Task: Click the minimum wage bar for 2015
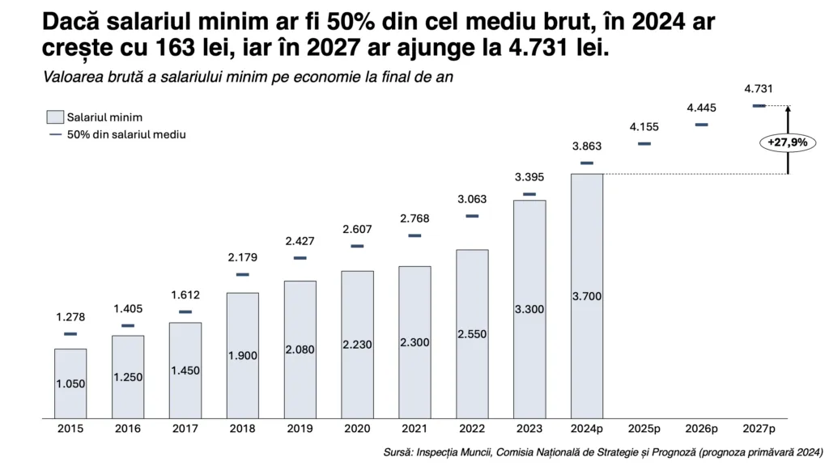[x=70, y=384]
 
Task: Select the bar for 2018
[x=242, y=356]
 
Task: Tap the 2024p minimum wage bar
[x=587, y=296]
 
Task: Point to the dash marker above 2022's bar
[x=472, y=216]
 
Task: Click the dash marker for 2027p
[x=759, y=106]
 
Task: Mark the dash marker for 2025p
[x=644, y=144]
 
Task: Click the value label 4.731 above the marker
[x=759, y=89]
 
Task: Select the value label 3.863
[x=587, y=146]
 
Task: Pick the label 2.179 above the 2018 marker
[x=242, y=258]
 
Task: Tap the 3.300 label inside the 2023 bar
[x=529, y=308]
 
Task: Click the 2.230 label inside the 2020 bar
[x=357, y=344]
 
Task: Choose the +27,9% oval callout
[x=788, y=142]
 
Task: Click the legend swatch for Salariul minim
[x=56, y=117]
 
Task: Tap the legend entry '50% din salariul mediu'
[x=125, y=134]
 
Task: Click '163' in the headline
[x=153, y=49]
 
